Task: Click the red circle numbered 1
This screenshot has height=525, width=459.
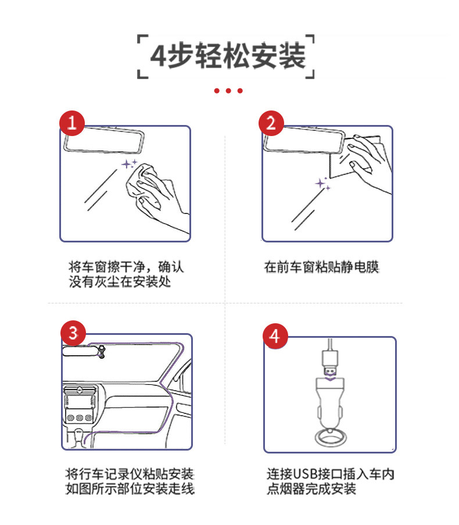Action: point(72,123)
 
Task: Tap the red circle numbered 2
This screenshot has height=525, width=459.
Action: point(271,123)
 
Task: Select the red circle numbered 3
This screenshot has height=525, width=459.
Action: point(73,333)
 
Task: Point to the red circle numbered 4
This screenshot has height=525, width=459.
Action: point(275,336)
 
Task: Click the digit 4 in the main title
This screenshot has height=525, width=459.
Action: point(158,56)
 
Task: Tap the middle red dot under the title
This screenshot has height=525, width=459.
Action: point(228,90)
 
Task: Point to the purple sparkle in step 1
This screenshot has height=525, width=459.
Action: point(129,164)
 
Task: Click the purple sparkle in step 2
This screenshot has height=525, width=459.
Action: point(322,184)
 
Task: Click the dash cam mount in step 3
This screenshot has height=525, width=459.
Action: point(101,352)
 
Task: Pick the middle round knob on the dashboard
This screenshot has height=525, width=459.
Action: point(80,417)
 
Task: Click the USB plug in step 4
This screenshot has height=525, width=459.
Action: point(330,363)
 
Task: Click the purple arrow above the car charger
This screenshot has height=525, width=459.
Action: point(330,378)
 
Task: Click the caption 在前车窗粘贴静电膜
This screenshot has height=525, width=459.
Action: point(321,267)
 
